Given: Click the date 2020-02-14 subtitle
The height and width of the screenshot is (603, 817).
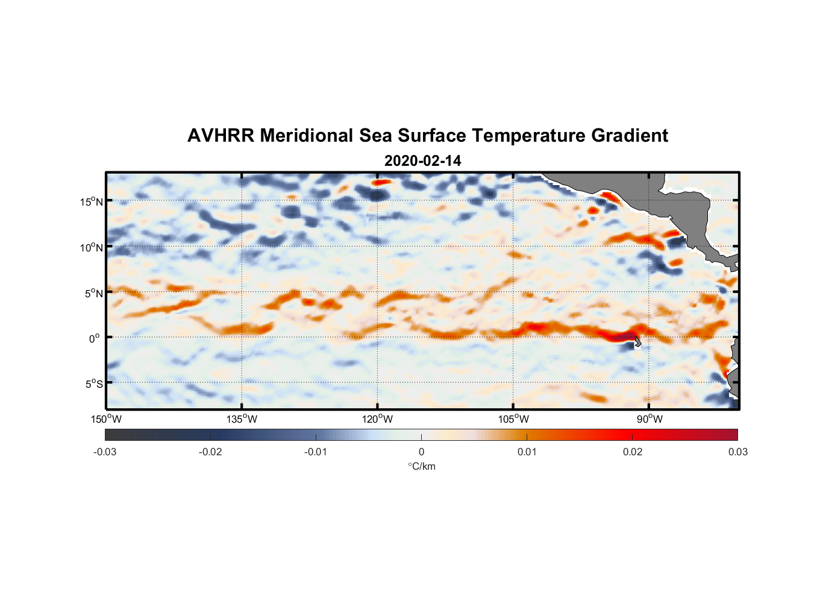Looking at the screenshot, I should (x=422, y=161).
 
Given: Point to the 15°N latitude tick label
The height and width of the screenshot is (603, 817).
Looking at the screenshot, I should (x=91, y=202).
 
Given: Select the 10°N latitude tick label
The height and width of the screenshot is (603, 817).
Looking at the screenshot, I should (x=91, y=248).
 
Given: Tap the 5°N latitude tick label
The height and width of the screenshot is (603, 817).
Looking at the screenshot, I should (x=93, y=294).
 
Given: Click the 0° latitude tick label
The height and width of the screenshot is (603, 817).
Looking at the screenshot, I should (x=95, y=339).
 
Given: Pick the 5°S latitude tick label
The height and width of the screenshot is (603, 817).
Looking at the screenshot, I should (x=93, y=384).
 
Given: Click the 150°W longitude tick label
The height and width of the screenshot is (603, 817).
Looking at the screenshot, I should (x=107, y=419).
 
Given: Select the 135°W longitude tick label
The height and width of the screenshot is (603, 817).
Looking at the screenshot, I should (x=242, y=419).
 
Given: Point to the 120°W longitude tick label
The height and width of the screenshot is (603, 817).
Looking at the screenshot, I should (x=378, y=419).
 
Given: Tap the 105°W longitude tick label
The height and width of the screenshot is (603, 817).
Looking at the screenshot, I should (x=513, y=419).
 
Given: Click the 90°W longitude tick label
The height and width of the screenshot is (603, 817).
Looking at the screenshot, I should (x=650, y=419).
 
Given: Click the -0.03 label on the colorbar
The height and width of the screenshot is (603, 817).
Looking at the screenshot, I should (x=105, y=452).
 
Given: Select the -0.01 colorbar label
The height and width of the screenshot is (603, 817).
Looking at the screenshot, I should (x=316, y=452).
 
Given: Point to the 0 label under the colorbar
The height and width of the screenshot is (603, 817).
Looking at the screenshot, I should (x=421, y=452).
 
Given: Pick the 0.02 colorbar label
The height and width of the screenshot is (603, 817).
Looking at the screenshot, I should (x=633, y=452).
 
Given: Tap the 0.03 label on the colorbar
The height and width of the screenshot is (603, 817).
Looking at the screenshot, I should (x=737, y=452).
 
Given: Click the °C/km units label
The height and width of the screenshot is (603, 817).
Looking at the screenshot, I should (x=421, y=466).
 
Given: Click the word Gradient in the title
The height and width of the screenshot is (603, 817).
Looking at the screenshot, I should (x=629, y=136).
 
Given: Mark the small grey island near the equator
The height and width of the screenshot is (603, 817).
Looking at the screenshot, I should (x=637, y=342).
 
